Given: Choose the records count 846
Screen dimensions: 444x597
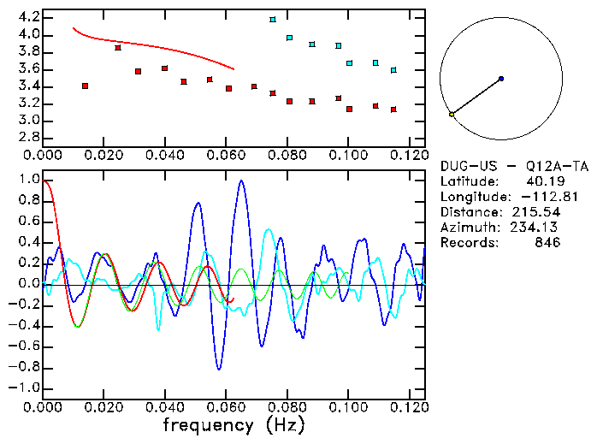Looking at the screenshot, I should pos(547,243).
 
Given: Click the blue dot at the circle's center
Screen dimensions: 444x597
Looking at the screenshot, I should pos(501,79).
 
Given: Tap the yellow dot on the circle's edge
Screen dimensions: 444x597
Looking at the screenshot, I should pos(452,114).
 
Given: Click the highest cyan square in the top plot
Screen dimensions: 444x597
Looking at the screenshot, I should pos(273,20).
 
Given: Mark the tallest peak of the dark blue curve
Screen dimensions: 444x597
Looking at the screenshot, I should pos(242,181).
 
